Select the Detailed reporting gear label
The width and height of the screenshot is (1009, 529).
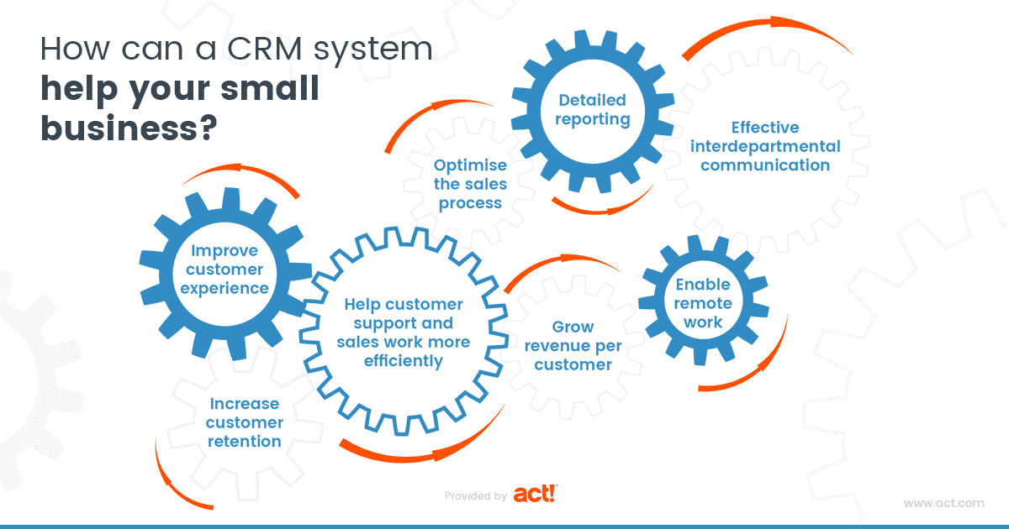(594, 110)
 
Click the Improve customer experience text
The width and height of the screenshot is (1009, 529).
(227, 270)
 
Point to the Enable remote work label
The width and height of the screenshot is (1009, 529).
(703, 303)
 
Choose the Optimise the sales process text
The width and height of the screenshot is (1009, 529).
(470, 184)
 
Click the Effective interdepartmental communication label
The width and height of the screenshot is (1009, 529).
(764, 146)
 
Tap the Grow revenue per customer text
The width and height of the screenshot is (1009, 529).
(573, 345)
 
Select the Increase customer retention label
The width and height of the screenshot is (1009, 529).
(245, 422)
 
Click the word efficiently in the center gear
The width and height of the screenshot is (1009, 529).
(403, 361)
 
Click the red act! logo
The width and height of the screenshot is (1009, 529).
(536, 495)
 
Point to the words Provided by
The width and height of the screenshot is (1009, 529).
(475, 496)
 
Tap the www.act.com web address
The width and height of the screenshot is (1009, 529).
(943, 503)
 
